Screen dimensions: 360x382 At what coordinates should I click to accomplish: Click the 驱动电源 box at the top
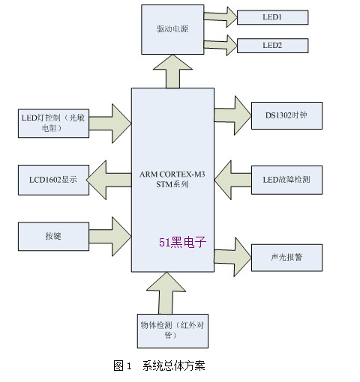coord(172,29)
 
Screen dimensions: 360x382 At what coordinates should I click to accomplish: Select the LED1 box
coord(272,17)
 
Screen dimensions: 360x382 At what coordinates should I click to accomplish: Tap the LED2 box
coord(272,46)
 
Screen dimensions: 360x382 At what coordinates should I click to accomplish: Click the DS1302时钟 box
coord(286,115)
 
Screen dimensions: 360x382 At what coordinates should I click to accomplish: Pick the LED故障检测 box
coord(286,180)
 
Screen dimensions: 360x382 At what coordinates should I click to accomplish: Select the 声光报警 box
coord(286,258)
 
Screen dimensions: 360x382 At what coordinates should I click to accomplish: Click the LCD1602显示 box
coord(53,180)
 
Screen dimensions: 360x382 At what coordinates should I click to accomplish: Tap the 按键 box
coord(53,237)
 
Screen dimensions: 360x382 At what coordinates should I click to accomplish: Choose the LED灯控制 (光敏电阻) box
coord(53,123)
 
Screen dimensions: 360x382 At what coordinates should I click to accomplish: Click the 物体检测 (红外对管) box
coord(172,331)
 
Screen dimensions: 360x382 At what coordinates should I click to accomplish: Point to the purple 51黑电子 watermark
coord(182,242)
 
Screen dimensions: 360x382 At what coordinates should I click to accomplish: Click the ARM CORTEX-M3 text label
coord(172,175)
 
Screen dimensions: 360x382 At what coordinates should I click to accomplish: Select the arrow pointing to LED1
coord(220,17)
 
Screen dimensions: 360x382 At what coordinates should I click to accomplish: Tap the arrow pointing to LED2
coord(220,45)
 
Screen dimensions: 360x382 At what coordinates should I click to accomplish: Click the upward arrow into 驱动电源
coord(172,71)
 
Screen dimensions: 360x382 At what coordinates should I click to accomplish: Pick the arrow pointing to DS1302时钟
coord(232,115)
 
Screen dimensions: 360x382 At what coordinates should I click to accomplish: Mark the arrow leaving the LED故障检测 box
coord(232,180)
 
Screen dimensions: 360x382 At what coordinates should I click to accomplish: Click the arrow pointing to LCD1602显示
coord(109,180)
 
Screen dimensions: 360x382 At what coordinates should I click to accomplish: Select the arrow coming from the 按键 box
coord(110,237)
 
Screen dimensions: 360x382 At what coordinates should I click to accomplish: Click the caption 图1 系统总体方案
coord(159,366)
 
